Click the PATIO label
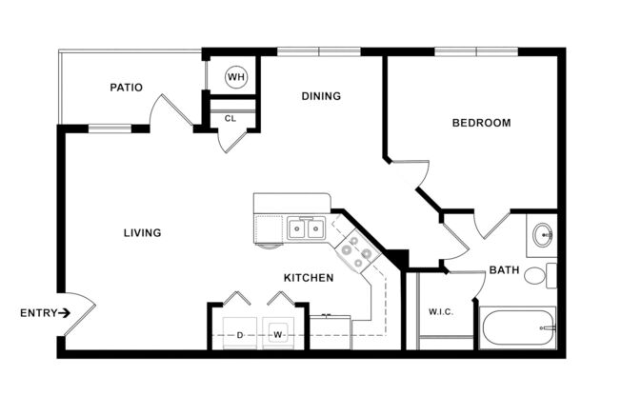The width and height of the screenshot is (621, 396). point(126,88)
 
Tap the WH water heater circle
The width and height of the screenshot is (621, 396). point(235,76)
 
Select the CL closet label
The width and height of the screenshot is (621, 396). point(230,119)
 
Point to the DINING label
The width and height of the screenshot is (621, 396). point(321,96)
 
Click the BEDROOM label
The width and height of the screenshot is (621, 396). point(480,123)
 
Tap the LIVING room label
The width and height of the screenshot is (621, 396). point(141,232)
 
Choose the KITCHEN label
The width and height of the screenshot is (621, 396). point(308,278)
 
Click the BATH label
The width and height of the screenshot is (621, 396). point(503,270)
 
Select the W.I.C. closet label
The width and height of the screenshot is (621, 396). point(440,310)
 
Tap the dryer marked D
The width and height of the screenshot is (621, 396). point(239,334)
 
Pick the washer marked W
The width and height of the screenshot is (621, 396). point(278,334)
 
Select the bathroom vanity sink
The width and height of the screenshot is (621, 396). point(542,234)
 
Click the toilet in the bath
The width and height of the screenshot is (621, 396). point(537,277)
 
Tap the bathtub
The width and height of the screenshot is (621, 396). point(517,329)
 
